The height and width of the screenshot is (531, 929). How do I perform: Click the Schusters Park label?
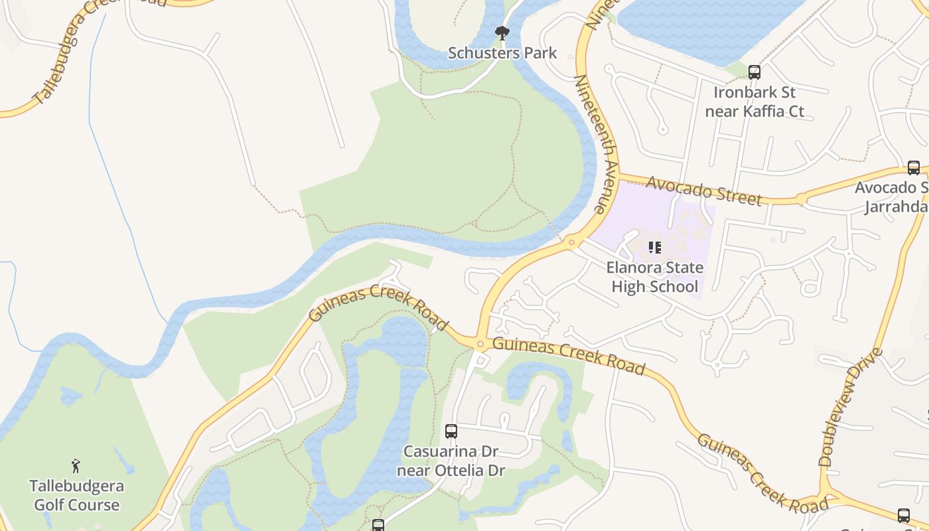[x=502, y=53]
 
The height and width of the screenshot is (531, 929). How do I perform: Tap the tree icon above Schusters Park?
[x=502, y=33]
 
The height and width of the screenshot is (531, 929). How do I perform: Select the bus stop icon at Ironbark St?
[x=754, y=72]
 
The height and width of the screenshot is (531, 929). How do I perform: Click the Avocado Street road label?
[x=704, y=190]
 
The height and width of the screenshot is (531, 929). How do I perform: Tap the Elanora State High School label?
[x=654, y=277]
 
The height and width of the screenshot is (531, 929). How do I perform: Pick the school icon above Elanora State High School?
[x=654, y=248]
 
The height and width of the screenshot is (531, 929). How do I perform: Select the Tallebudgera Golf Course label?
[x=76, y=495]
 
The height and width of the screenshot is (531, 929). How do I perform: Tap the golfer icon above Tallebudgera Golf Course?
[x=76, y=466]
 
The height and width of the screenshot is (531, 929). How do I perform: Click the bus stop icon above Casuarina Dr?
[x=451, y=431]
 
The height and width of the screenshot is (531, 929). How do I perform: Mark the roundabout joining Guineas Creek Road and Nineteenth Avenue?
[x=480, y=343]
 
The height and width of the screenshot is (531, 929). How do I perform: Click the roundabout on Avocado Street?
[x=801, y=198]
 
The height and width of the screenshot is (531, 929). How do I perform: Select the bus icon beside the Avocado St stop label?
[x=914, y=168]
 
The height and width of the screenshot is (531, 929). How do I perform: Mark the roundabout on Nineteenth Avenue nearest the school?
[x=571, y=243]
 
